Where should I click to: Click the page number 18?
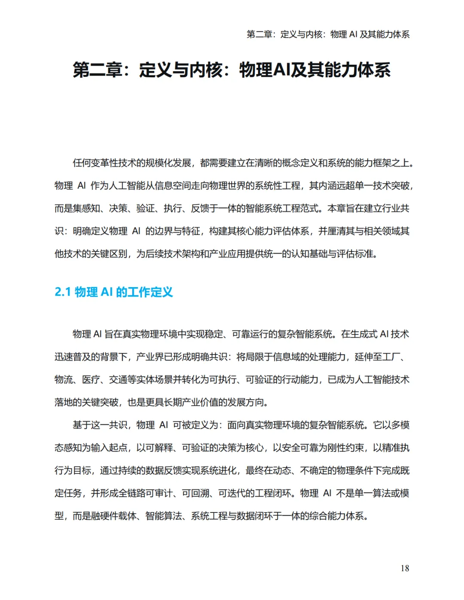pos(405,568)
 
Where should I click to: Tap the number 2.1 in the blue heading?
pos(63,292)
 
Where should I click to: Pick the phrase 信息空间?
pos(164,186)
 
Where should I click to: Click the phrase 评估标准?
pos(354,254)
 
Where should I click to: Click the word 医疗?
pos(91,380)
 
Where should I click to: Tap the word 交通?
pos(118,380)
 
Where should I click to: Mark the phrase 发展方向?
pos(246,403)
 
